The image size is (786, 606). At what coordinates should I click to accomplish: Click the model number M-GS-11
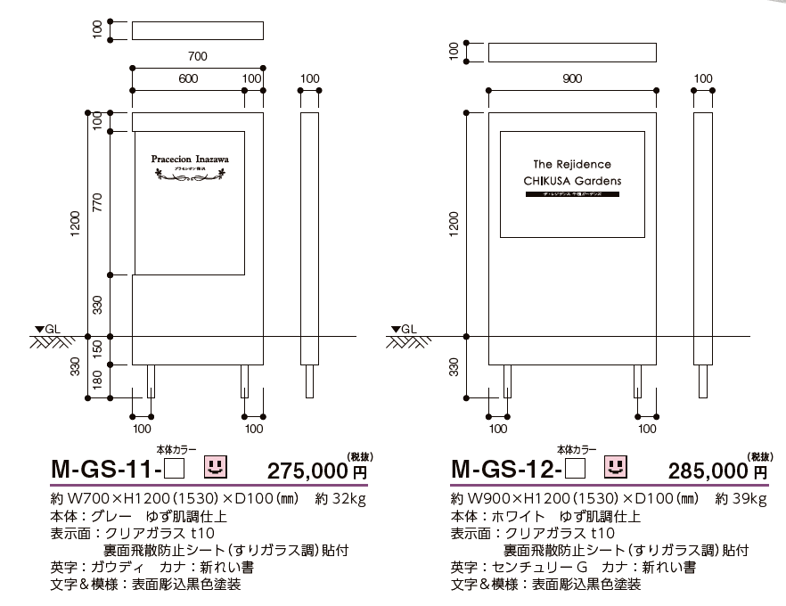tap(106, 468)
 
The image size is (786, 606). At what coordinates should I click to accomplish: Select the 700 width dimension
tap(198, 56)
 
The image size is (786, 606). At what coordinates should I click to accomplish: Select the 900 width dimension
tap(572, 78)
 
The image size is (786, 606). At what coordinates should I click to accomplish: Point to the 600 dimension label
tap(188, 78)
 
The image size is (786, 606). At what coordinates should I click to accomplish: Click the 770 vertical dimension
tap(99, 202)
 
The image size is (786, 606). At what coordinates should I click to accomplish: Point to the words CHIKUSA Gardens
tap(572, 181)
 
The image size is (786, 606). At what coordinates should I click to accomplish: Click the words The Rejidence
tap(572, 164)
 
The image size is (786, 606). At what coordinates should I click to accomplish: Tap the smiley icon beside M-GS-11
tap(215, 465)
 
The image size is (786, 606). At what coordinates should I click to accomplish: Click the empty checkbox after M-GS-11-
tap(175, 467)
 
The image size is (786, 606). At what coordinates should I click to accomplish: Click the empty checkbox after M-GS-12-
tap(576, 467)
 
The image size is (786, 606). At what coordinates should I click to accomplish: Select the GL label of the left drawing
tap(53, 329)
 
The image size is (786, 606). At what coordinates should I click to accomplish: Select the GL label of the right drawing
tap(409, 329)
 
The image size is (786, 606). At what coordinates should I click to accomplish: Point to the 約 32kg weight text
tap(340, 497)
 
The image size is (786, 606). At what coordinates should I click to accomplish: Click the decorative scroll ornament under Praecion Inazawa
tap(191, 176)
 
